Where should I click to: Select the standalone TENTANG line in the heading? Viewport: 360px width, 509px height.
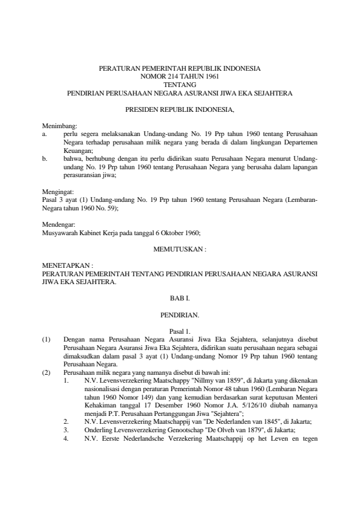coord(180,85)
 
